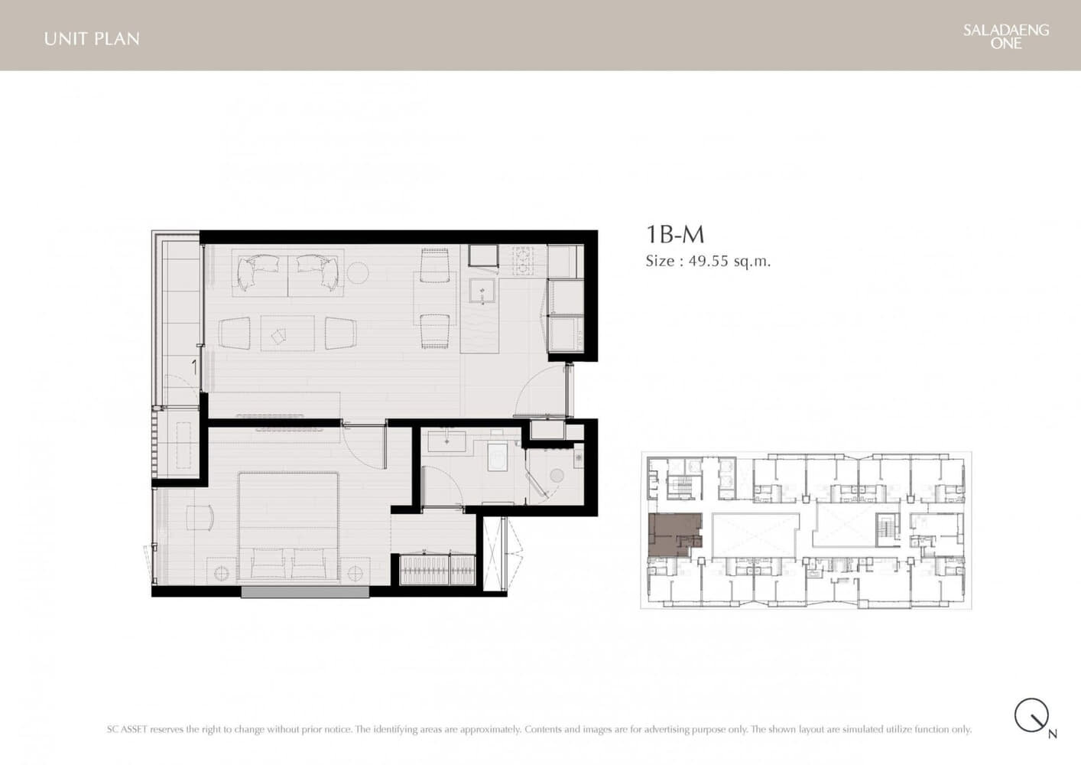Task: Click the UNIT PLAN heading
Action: pyautogui.click(x=92, y=39)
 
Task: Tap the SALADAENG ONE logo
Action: pyautogui.click(x=1006, y=37)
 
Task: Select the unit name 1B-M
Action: pyautogui.click(x=675, y=235)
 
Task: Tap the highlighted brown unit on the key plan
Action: pyautogui.click(x=674, y=535)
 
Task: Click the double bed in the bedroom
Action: pyautogui.click(x=288, y=526)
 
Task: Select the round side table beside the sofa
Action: pyautogui.click(x=358, y=273)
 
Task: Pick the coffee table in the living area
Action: pyautogui.click(x=287, y=334)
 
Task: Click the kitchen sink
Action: pyautogui.click(x=482, y=291)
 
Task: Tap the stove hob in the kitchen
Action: pyautogui.click(x=523, y=260)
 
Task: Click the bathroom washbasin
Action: pyautogui.click(x=446, y=441)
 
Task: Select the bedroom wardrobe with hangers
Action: pyautogui.click(x=438, y=569)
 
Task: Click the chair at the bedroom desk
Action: pyautogui.click(x=200, y=518)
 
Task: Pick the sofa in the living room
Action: pyautogui.click(x=288, y=273)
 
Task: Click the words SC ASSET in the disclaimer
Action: pyautogui.click(x=127, y=729)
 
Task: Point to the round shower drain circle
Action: pyautogui.click(x=557, y=476)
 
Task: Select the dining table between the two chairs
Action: pyautogui.click(x=434, y=298)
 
